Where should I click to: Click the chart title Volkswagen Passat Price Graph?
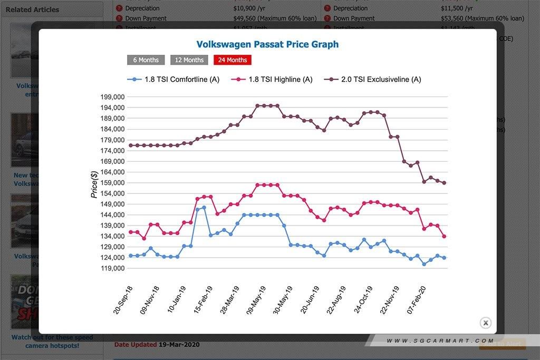click(x=267, y=44)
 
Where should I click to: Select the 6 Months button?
click(x=146, y=60)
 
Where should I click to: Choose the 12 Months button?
click(x=189, y=60)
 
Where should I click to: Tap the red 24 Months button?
click(x=233, y=60)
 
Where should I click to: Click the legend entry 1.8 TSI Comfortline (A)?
click(x=173, y=80)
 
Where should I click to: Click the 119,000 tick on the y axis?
click(x=111, y=268)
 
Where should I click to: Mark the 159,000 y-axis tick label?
click(x=111, y=183)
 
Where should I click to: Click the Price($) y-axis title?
click(x=94, y=184)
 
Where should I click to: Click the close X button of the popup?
click(x=486, y=323)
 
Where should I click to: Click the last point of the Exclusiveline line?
click(x=445, y=183)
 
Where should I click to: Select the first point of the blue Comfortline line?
click(x=131, y=256)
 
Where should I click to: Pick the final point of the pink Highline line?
click(x=445, y=237)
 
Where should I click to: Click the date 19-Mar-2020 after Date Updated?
click(x=179, y=345)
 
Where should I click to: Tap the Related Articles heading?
click(x=32, y=9)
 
